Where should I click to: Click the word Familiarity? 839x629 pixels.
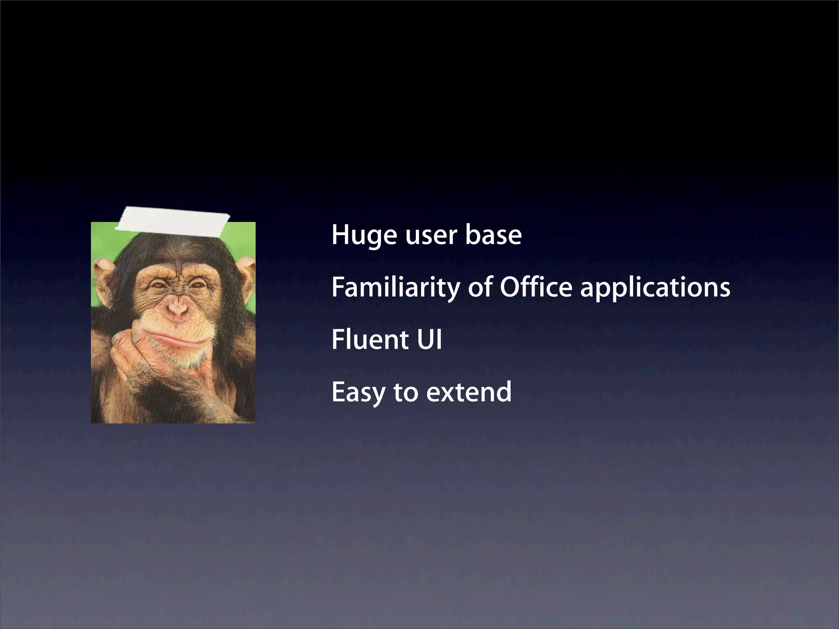[395, 287]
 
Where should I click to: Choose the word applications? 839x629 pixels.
[655, 287]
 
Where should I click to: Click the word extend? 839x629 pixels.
[469, 392]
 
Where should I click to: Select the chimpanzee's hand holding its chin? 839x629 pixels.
[135, 352]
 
